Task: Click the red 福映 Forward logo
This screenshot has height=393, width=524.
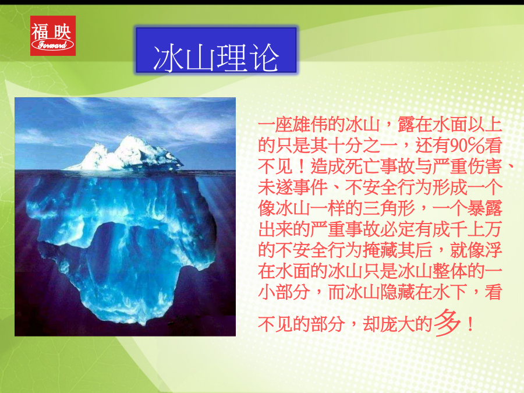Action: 53,36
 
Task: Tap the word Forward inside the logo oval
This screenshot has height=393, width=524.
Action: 52,45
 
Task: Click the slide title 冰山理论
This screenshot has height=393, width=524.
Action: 216,58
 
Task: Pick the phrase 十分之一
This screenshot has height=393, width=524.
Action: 362,146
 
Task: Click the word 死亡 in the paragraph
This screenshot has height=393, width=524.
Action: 362,166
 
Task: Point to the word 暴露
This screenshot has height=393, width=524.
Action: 484,208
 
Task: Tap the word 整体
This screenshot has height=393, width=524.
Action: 449,271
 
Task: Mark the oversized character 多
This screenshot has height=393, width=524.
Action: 447,323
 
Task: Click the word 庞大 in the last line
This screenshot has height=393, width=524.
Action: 397,324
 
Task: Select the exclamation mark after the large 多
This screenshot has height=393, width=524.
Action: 470,324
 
